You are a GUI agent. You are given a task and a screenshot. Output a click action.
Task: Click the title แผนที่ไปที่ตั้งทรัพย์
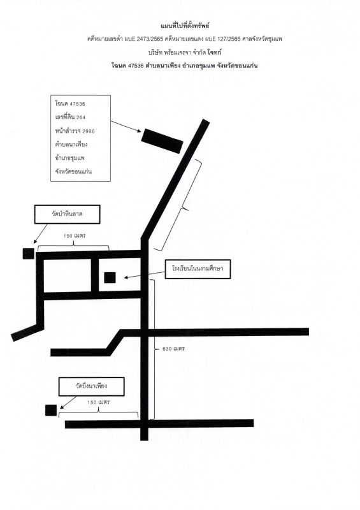pyautogui.click(x=185, y=25)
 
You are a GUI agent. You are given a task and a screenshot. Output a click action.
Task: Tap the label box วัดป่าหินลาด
pyautogui.click(x=67, y=214)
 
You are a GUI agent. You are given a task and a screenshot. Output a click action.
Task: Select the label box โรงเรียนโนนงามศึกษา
pyautogui.click(x=198, y=269)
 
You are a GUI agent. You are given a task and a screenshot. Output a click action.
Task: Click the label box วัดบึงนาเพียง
pyautogui.click(x=91, y=386)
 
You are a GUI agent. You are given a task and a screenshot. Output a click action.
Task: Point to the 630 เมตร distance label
pyautogui.click(x=174, y=349)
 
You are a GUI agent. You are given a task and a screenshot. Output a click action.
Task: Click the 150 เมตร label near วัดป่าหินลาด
pyautogui.click(x=75, y=236)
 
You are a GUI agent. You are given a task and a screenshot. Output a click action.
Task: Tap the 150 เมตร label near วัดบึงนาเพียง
pyautogui.click(x=99, y=402)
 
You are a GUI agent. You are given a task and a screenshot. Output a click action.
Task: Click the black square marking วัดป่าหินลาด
pyautogui.click(x=28, y=253)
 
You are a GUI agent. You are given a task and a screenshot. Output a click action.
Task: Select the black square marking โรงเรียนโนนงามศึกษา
pyautogui.click(x=110, y=277)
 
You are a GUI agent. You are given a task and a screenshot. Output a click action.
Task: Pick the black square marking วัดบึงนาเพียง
pyautogui.click(x=51, y=410)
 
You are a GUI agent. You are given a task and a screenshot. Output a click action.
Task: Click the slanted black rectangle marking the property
pyautogui.click(x=162, y=141)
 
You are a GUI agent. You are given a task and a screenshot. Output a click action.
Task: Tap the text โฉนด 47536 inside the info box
pyautogui.click(x=70, y=104)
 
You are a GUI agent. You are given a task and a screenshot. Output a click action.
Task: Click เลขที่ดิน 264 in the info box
pyautogui.click(x=70, y=117)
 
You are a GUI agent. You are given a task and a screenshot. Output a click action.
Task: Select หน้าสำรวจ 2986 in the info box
pyautogui.click(x=75, y=131)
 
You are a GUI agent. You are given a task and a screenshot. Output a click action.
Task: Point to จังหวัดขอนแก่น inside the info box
pyautogui.click(x=73, y=171)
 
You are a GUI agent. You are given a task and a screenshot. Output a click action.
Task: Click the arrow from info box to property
pyautogui.click(x=126, y=126)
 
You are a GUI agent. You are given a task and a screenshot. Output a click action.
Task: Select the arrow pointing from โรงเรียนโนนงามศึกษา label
pyautogui.click(x=145, y=275)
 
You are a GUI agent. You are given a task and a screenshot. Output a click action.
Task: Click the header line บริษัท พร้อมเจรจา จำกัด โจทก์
pyautogui.click(x=185, y=52)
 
